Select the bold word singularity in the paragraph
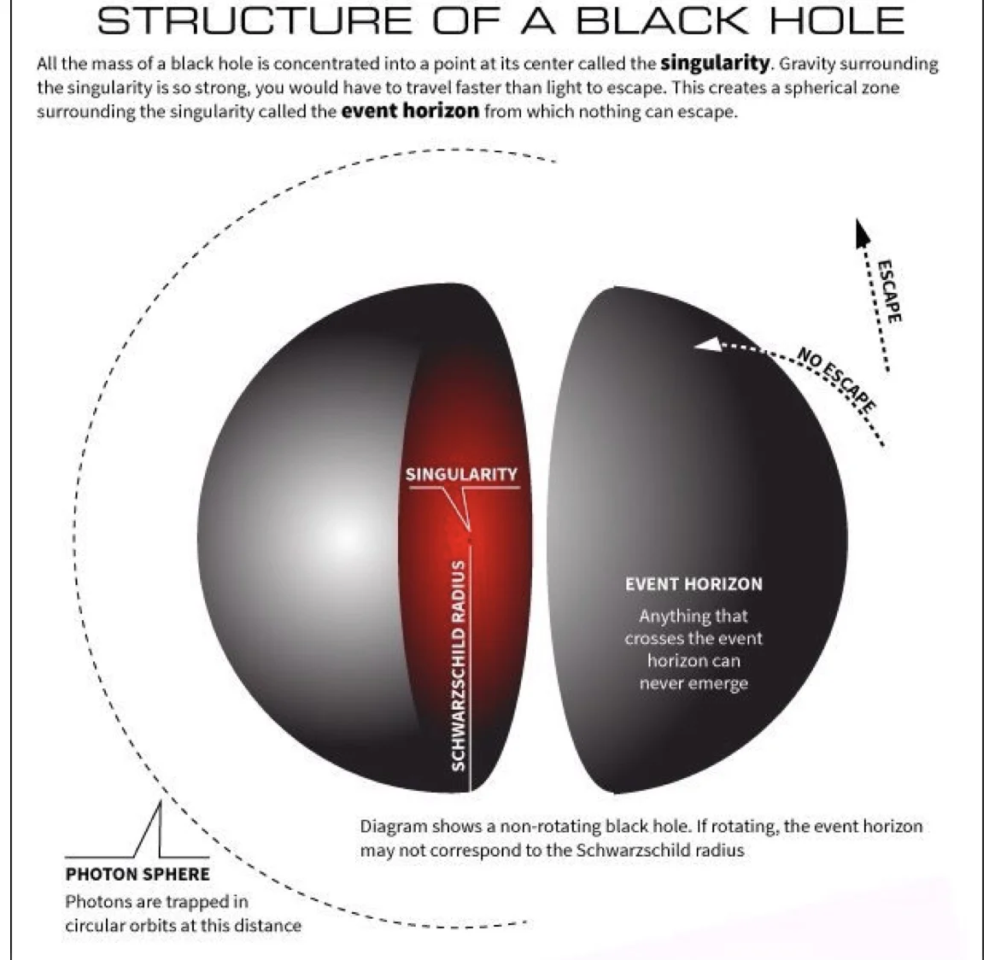pos(715,63)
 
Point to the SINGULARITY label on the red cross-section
pos(461,474)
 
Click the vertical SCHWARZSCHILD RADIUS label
pos(458,665)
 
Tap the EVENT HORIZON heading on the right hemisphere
pos(693,584)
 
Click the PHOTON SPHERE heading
pos(138,874)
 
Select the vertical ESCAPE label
pos(889,290)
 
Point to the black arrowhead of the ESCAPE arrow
pos(862,231)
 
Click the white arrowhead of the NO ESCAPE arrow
pos(705,344)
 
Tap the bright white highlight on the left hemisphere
pos(345,537)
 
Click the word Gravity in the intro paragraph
pos(806,64)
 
